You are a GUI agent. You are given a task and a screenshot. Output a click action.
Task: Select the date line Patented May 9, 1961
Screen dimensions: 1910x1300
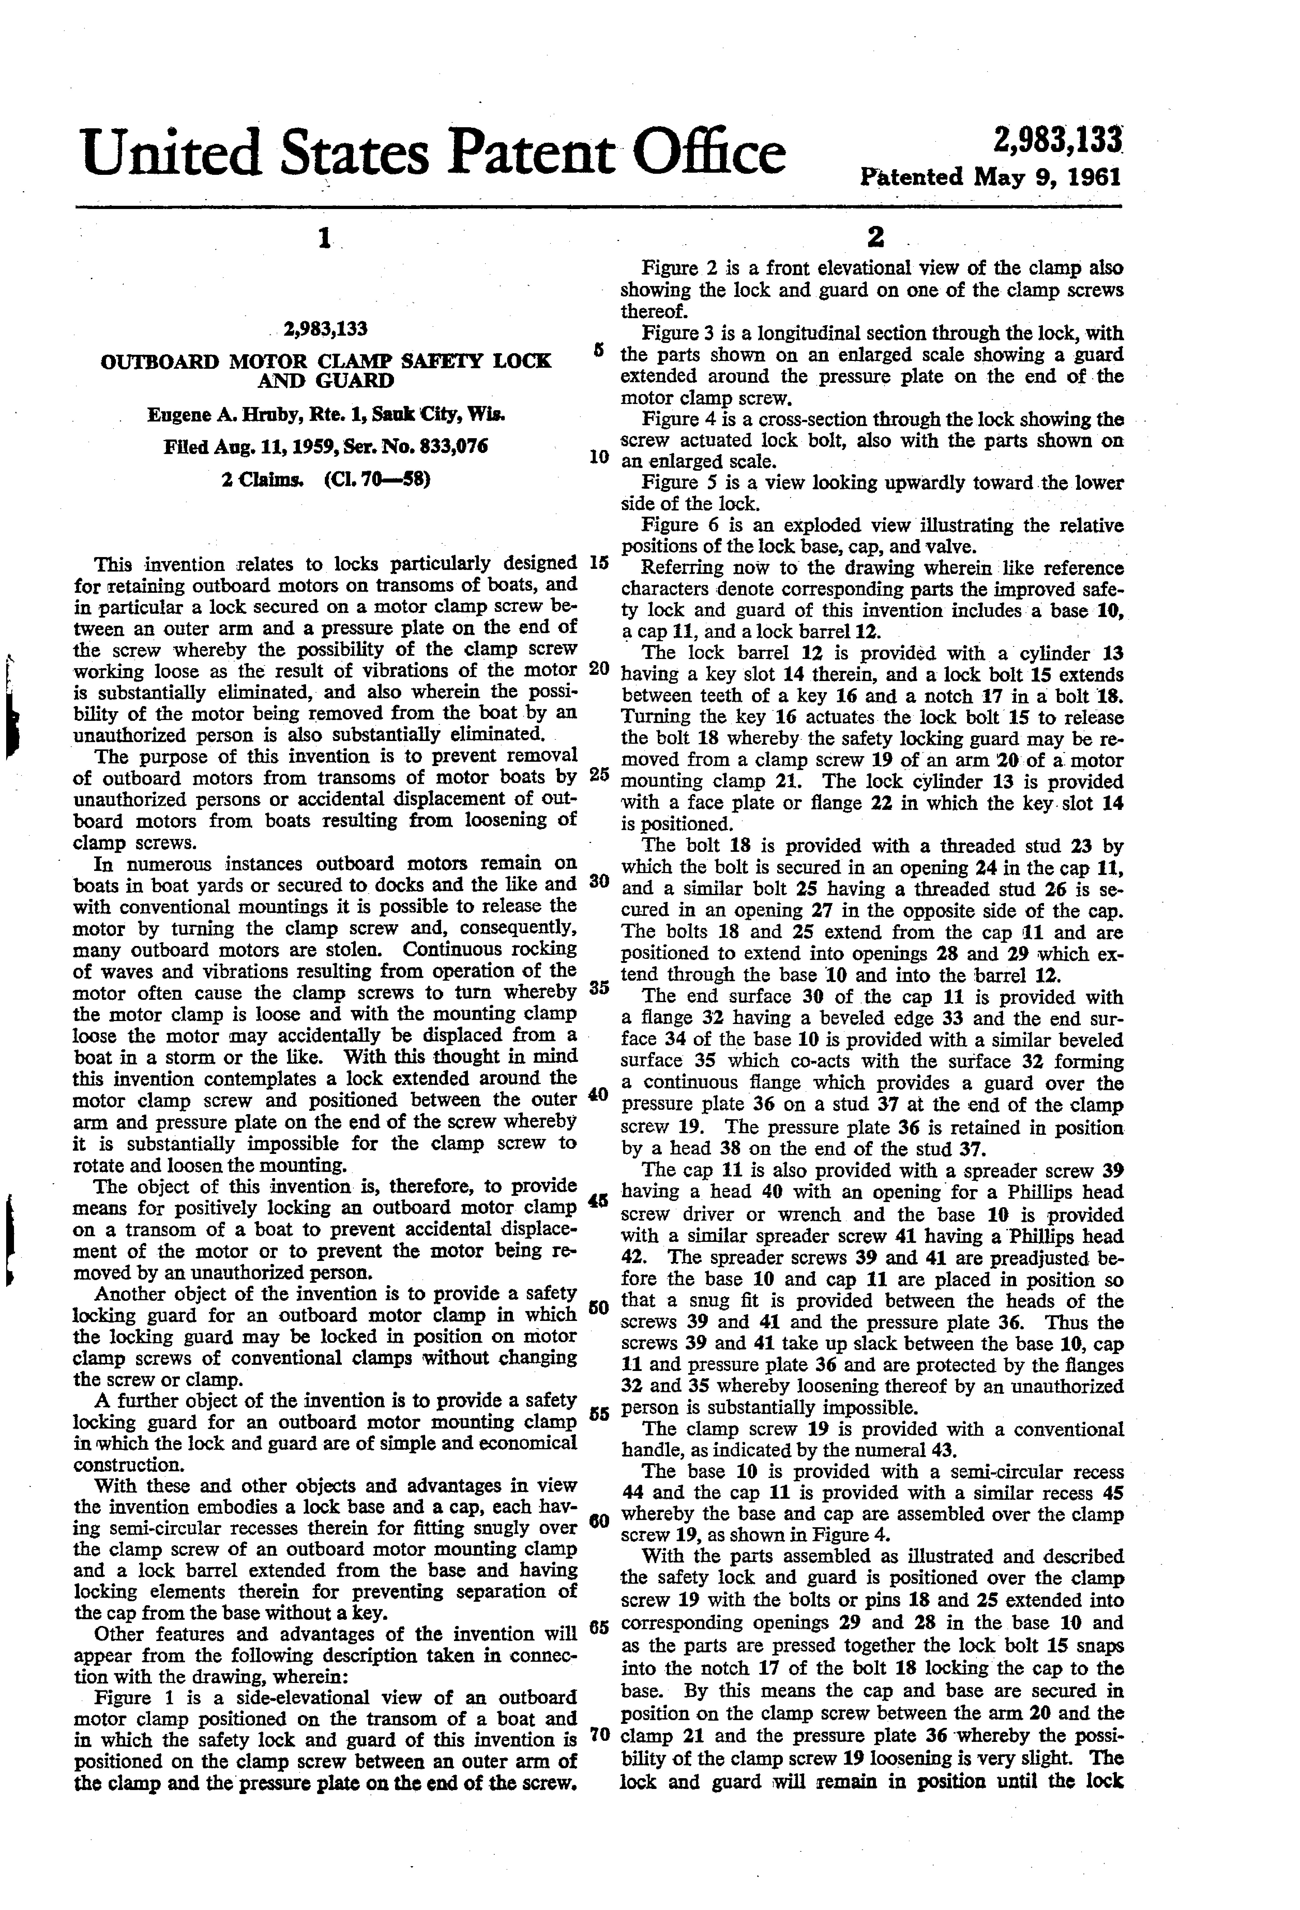tap(990, 177)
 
